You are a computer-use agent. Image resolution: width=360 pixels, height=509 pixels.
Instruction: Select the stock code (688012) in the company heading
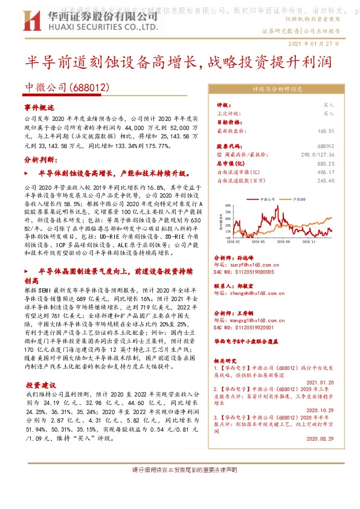click(x=89, y=88)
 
